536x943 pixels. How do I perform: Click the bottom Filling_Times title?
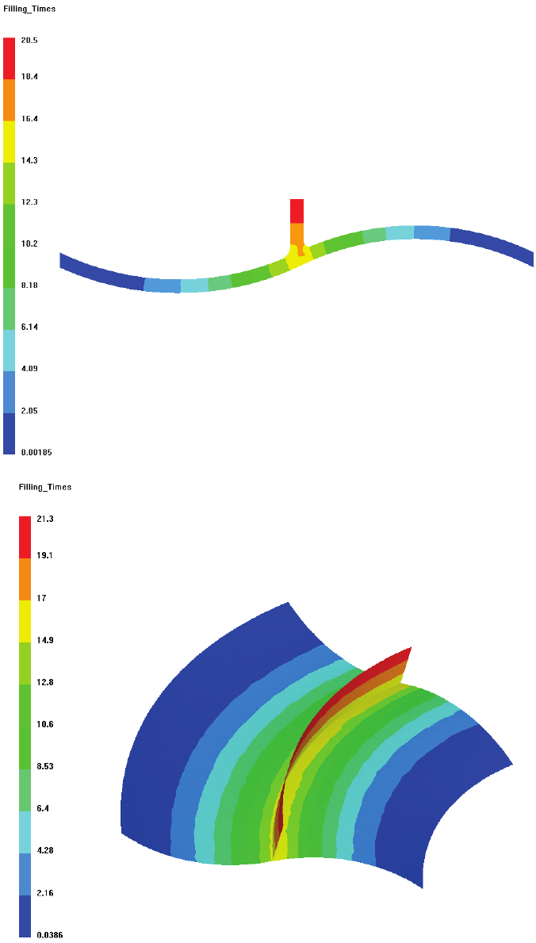tap(45, 487)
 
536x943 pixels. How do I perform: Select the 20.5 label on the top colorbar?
tap(30, 40)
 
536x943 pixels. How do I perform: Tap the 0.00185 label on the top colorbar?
tap(36, 452)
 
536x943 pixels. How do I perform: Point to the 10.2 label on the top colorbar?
tap(30, 243)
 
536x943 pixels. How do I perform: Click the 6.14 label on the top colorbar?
tap(30, 327)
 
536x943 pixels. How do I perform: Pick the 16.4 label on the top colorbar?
tap(30, 119)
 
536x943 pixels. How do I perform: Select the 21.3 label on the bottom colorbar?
tap(44, 519)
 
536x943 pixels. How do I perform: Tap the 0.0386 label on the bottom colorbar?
tap(48, 935)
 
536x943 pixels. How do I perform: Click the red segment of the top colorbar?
tap(10, 58)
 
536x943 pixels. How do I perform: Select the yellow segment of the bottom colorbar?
tap(25, 621)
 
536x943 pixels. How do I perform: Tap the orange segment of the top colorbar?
tap(10, 100)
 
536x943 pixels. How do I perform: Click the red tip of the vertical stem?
tap(297, 210)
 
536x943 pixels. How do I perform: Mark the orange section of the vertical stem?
tap(297, 233)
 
